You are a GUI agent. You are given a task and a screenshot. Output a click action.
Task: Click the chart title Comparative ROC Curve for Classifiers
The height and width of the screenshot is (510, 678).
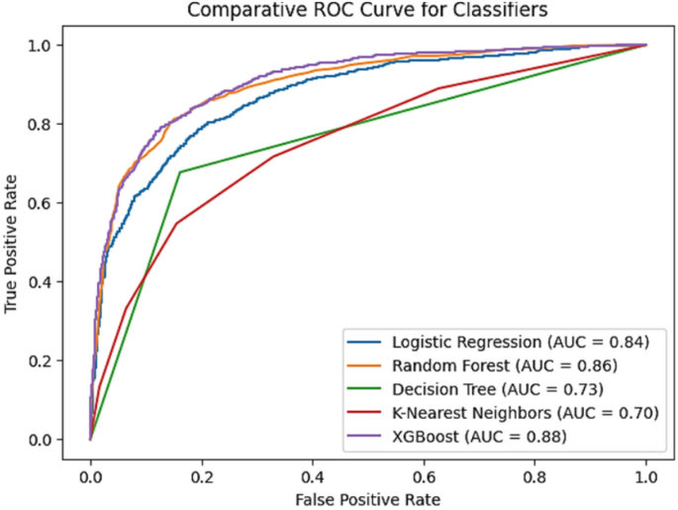pos(361,13)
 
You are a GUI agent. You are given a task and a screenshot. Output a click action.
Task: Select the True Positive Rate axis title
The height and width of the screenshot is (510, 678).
pos(13,243)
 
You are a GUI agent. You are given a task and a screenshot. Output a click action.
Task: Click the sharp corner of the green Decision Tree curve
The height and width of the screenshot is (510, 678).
pos(180,172)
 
